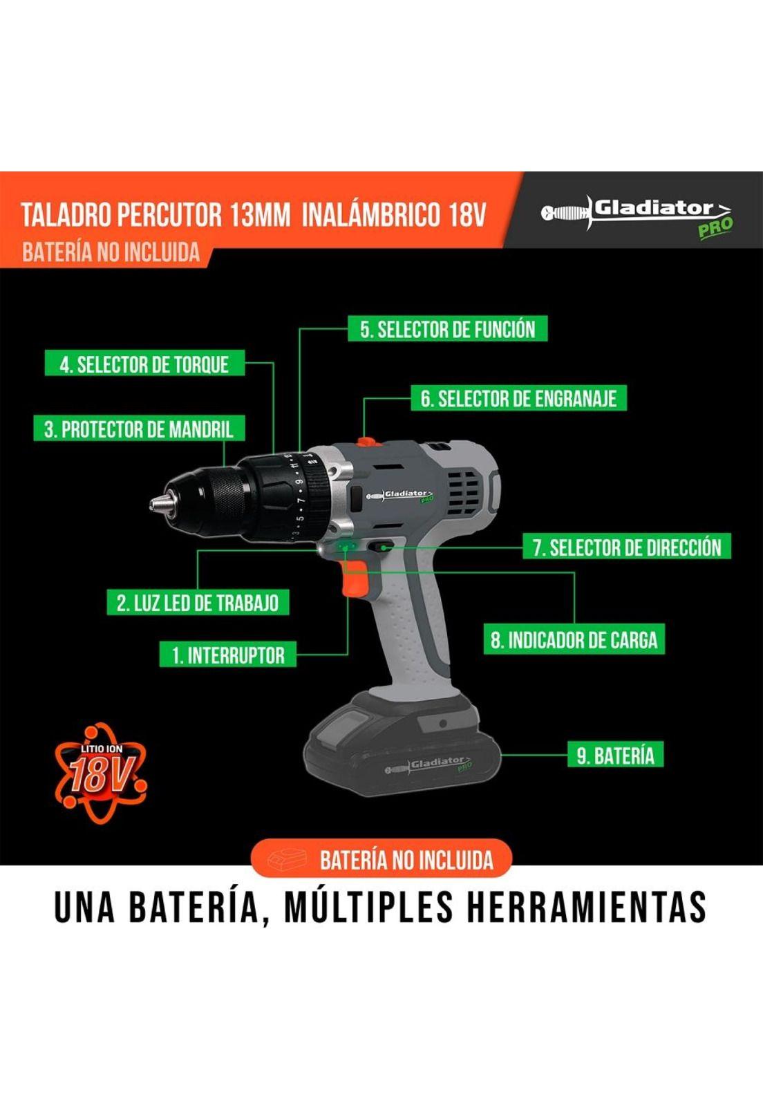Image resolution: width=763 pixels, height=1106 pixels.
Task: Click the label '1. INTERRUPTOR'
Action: (x=228, y=655)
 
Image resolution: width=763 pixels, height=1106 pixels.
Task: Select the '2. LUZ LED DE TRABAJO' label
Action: (x=198, y=603)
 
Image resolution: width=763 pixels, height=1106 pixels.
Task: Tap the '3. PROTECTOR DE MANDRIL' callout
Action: (x=138, y=429)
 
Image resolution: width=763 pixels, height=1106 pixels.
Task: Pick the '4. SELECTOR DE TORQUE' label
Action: (x=144, y=364)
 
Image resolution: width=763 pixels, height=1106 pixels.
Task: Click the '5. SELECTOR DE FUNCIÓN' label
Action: (x=448, y=330)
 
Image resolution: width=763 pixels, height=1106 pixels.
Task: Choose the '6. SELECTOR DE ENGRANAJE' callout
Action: (x=518, y=399)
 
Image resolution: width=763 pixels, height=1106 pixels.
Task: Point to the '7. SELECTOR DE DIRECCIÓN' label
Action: (x=626, y=547)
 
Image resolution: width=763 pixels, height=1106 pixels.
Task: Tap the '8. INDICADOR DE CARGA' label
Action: (x=574, y=640)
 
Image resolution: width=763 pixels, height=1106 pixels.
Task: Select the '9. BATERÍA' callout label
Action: (x=615, y=755)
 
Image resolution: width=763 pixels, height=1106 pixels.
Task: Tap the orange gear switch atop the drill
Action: (x=365, y=442)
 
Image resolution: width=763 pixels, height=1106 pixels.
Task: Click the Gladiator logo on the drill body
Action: (x=402, y=496)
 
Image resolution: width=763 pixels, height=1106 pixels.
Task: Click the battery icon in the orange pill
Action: (x=288, y=860)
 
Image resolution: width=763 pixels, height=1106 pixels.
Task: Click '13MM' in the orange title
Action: (x=261, y=215)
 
